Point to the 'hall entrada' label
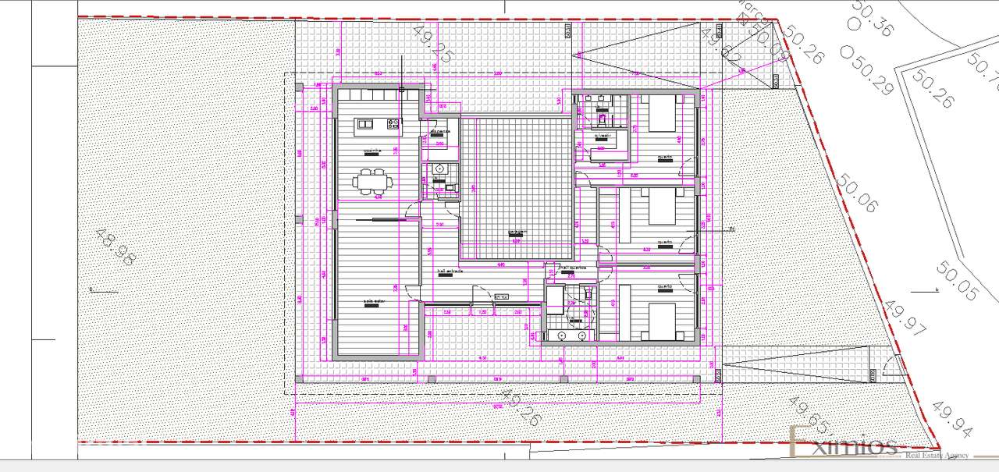tap(450, 271)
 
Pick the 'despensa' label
tap(439, 130)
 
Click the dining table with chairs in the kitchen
tap(371, 181)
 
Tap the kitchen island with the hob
tap(378, 123)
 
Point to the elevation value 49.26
tap(521, 407)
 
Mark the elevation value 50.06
tap(857, 194)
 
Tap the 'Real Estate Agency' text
tap(937, 455)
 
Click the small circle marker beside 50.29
tap(847, 52)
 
